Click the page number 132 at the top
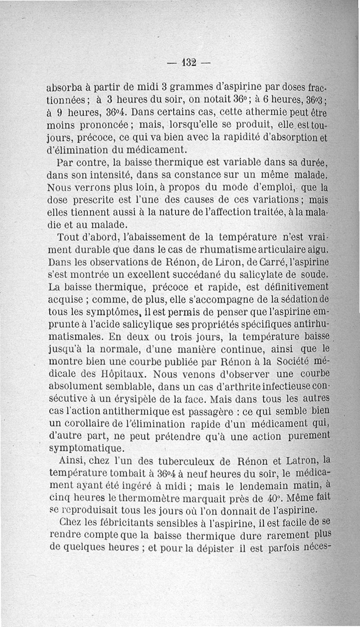point(188,63)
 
